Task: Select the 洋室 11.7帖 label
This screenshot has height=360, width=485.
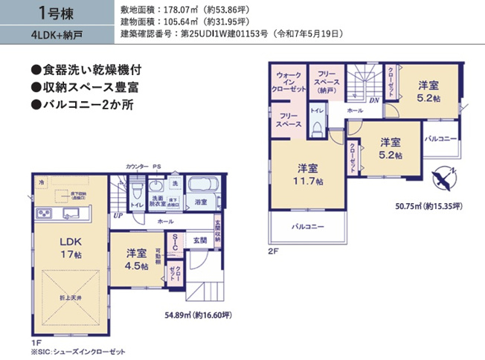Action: click(306, 174)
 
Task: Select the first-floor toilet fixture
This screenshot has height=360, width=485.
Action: click(137, 193)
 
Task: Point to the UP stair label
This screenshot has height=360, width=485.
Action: click(118, 216)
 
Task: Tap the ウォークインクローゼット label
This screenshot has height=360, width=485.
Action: click(291, 82)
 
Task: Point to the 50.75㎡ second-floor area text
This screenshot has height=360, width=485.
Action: click(429, 206)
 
